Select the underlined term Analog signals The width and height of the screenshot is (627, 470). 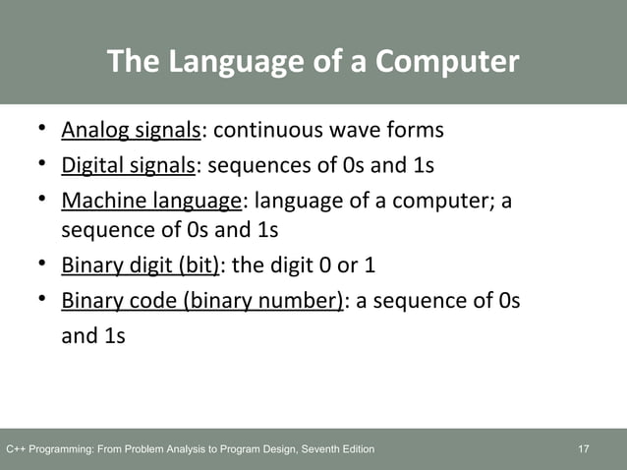tap(131, 130)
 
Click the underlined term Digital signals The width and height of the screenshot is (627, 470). tap(129, 164)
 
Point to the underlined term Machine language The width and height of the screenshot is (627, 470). tap(151, 201)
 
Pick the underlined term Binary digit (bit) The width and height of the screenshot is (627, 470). tap(141, 265)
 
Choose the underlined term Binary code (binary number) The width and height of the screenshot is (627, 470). tap(201, 300)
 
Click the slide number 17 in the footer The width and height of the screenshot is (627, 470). tap(584, 449)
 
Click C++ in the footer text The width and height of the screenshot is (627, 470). tap(17, 449)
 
